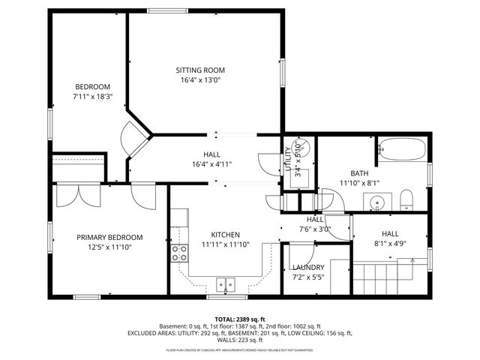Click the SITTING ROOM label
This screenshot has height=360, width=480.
pos(202,70)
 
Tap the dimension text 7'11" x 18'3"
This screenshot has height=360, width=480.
pos(92,96)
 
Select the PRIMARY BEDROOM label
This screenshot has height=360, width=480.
pos(109,237)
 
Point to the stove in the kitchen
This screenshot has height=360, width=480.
pos(180,253)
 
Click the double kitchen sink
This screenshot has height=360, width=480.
pos(225,284)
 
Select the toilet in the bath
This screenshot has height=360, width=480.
pos(406,199)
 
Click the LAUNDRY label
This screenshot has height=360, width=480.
pos(308,268)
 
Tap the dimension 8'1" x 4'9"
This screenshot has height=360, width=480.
pos(389,243)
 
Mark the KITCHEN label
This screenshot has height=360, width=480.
pos(224,234)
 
